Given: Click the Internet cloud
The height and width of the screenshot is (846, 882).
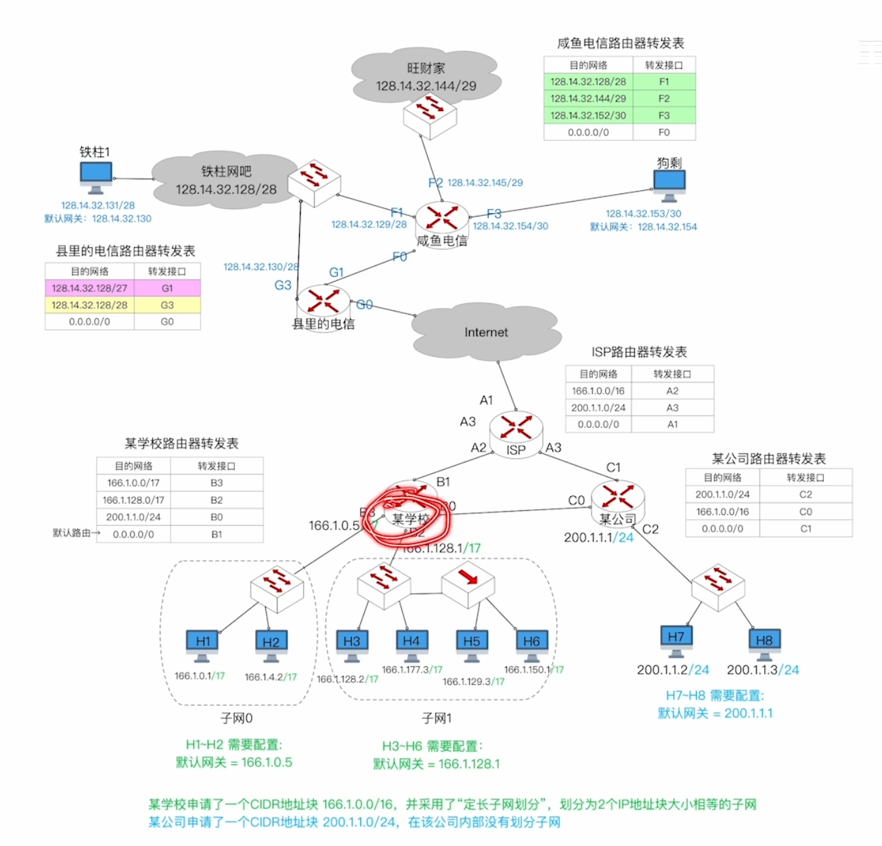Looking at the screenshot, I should [x=485, y=332].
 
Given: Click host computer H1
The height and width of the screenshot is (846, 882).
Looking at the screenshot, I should [x=202, y=644].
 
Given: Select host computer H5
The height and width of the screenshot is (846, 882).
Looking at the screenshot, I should [x=471, y=644].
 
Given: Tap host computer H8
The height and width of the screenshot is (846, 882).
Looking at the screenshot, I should [x=764, y=642].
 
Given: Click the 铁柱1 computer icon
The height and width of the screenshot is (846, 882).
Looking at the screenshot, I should [x=95, y=177].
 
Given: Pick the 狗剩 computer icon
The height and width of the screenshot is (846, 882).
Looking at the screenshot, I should [x=669, y=184].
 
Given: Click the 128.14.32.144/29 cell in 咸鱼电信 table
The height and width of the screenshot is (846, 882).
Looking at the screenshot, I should [x=588, y=99].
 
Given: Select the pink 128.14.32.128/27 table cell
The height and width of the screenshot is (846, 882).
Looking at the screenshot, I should [x=89, y=288].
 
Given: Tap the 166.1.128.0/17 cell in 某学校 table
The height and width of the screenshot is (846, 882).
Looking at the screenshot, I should [x=133, y=500].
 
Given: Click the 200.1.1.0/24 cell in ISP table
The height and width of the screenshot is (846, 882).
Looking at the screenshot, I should [x=598, y=408].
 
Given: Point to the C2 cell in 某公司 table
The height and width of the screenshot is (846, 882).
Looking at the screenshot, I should [x=806, y=495].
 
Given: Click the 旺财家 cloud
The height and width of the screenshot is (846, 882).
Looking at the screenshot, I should [x=426, y=76].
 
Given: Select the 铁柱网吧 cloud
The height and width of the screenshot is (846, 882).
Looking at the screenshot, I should [x=225, y=180].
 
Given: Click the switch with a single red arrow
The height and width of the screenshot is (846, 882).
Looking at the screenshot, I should [x=468, y=580].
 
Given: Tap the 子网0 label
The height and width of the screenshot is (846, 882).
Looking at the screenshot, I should [x=236, y=718].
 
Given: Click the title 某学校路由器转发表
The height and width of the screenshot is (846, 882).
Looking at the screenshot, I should [x=181, y=444].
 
